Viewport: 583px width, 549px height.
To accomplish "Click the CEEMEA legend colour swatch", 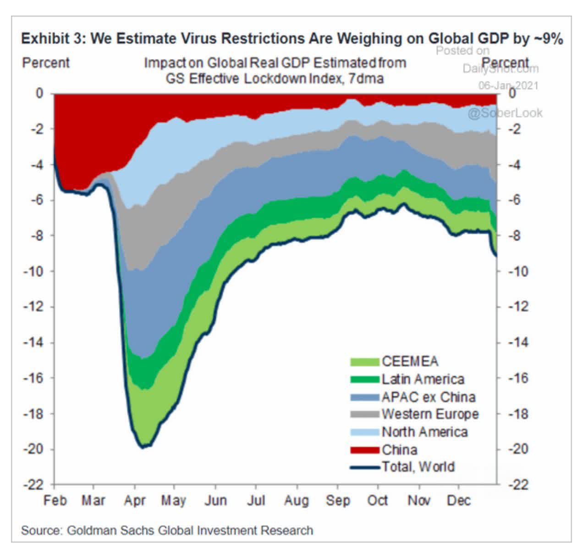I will click(x=365, y=362).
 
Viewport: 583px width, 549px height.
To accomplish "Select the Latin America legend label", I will click(x=423, y=379).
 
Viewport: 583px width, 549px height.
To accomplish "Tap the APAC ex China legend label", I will click(x=429, y=397).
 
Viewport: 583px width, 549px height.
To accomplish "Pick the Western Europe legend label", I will click(x=430, y=414).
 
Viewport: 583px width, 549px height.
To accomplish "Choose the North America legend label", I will click(x=424, y=432).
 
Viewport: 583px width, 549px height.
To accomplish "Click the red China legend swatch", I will click(x=365, y=449).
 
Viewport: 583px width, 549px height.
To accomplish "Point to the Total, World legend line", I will click(x=365, y=467).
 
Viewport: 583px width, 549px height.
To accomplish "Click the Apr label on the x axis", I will click(x=135, y=500).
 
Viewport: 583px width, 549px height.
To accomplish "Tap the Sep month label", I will click(x=338, y=500).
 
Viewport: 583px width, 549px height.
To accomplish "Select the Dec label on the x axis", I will click(x=459, y=500).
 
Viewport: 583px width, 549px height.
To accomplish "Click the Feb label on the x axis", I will click(x=55, y=500).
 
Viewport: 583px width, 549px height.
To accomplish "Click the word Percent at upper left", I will click(x=46, y=62).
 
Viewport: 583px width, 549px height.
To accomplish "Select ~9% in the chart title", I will click(x=548, y=39).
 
